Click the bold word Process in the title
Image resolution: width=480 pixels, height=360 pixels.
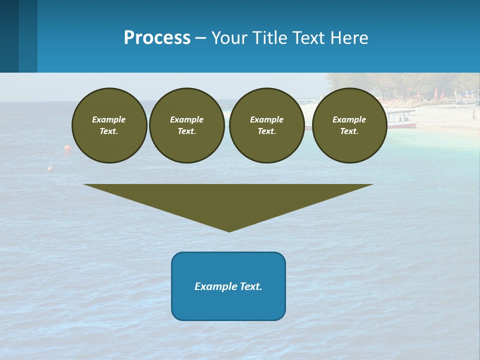click(157, 38)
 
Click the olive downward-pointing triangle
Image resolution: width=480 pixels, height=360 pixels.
click(228, 200)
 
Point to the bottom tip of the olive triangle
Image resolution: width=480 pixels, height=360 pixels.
click(229, 230)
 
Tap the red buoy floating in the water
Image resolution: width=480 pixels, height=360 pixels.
click(67, 148)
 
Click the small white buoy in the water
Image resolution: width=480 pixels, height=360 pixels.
click(50, 169)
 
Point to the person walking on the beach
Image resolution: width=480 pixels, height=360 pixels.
click(472, 114)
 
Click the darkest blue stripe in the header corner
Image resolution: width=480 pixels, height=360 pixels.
click(9, 36)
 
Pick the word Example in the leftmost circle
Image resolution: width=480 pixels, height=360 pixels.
click(109, 119)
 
